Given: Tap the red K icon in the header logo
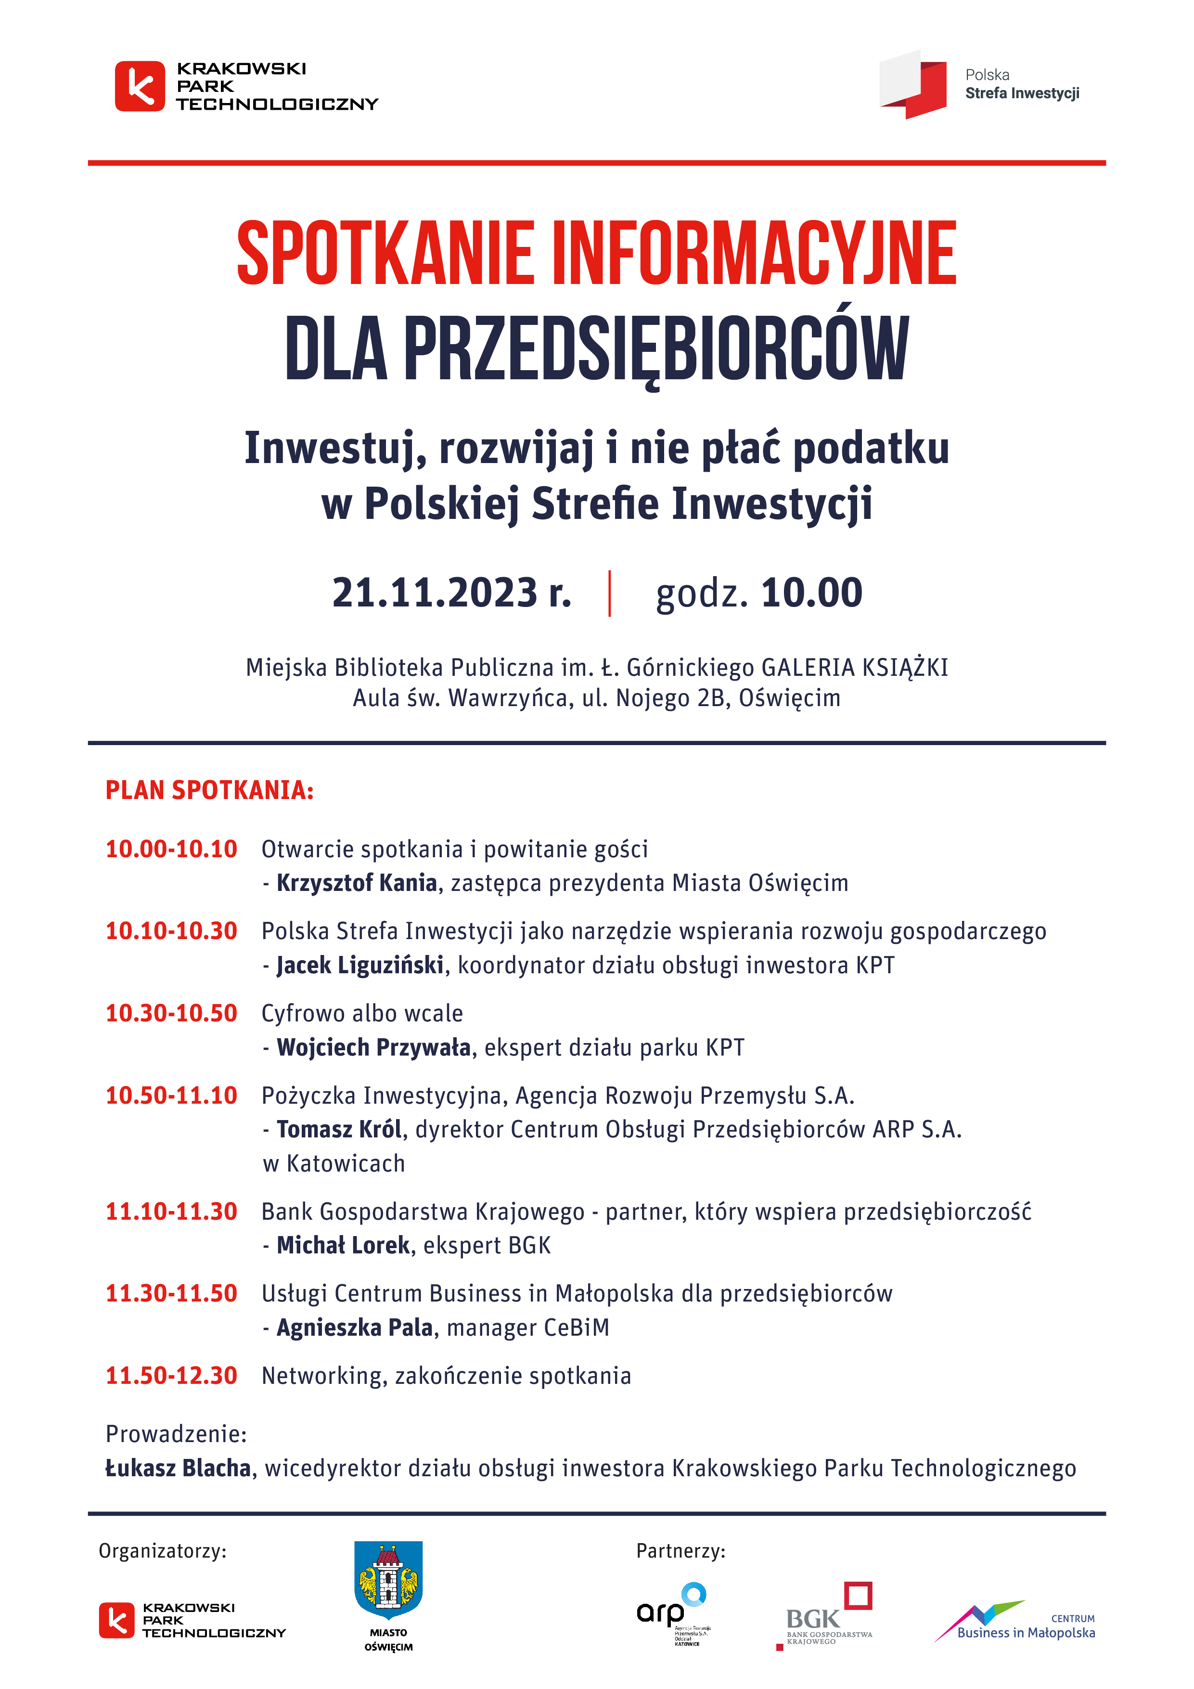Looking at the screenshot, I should click(140, 86).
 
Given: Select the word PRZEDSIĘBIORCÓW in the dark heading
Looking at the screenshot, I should click(656, 349).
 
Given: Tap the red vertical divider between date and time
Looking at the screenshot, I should click(610, 593).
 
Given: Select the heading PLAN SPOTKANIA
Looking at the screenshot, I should click(210, 790).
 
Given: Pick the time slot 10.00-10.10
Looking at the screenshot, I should click(171, 849).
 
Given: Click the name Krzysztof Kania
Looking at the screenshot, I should click(357, 883).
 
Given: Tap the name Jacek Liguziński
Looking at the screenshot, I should click(360, 965).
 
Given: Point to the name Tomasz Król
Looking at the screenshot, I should click(339, 1129).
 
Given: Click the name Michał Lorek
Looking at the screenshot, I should click(343, 1245).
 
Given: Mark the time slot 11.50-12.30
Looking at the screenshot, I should click(171, 1376).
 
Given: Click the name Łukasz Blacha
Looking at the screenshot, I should click(178, 1469).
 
